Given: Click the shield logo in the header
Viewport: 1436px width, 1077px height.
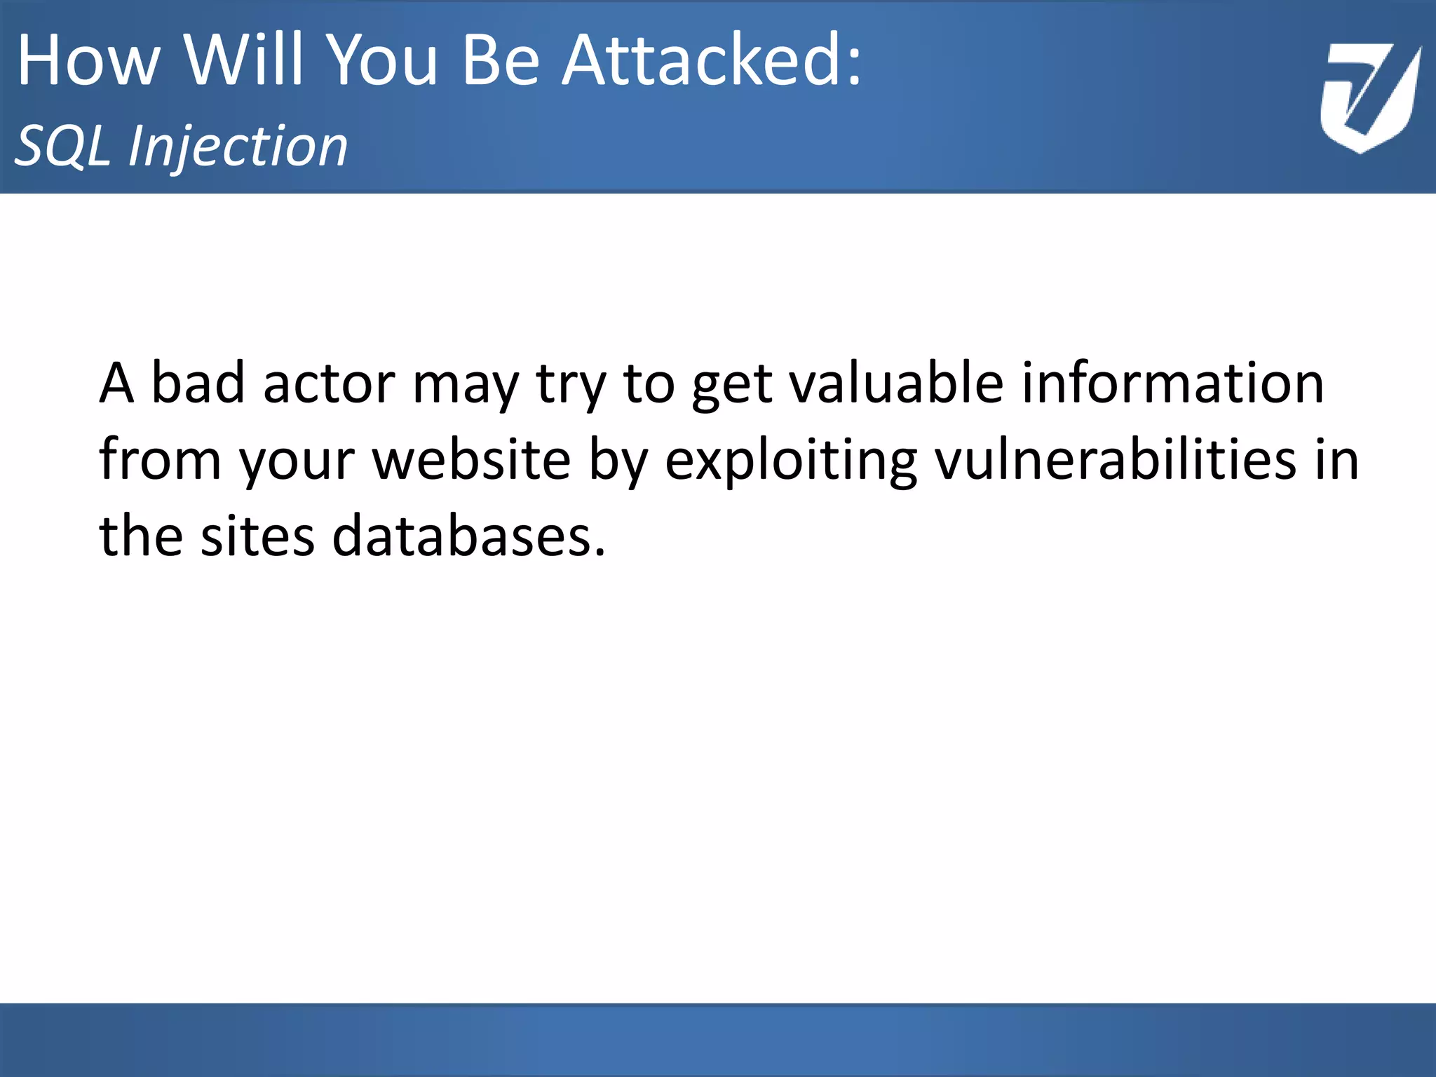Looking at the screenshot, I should pos(1370,98).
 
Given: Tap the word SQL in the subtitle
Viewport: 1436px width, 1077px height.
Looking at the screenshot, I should pos(63,147).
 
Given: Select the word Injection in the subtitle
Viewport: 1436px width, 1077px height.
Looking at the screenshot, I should pos(238,147).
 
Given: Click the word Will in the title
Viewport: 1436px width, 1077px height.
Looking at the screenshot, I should pos(245,61).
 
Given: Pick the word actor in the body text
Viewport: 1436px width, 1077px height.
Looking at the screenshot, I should pos(329,384).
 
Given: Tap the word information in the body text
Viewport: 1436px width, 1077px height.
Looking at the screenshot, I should pos(1172,384).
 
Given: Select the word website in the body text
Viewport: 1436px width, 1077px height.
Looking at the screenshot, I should pos(471,460).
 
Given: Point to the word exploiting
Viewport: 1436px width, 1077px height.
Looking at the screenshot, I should pos(791,460).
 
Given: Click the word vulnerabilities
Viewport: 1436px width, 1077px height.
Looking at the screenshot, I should pos(1116,460).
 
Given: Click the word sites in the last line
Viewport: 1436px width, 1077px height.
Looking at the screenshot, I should pos(257,536).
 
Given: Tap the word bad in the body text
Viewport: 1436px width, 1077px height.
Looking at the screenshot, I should pos(198,384).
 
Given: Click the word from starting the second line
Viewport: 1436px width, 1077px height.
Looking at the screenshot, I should pos(160,460).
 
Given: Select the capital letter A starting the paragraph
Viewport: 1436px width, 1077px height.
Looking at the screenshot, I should pos(116,384).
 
